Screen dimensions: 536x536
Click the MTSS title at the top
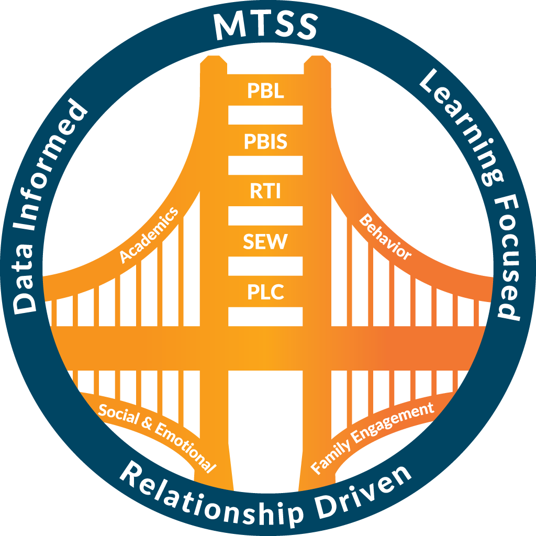click(265, 26)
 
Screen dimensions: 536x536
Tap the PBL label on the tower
click(265, 91)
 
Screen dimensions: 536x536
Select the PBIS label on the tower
click(265, 141)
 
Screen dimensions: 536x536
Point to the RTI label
click(265, 191)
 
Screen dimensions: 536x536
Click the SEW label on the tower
click(265, 241)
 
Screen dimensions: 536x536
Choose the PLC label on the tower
click(265, 292)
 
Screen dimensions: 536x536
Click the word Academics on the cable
click(149, 235)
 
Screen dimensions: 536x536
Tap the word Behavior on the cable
click(385, 237)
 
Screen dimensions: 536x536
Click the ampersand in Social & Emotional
click(147, 424)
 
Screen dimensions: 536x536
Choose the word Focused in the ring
click(508, 259)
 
